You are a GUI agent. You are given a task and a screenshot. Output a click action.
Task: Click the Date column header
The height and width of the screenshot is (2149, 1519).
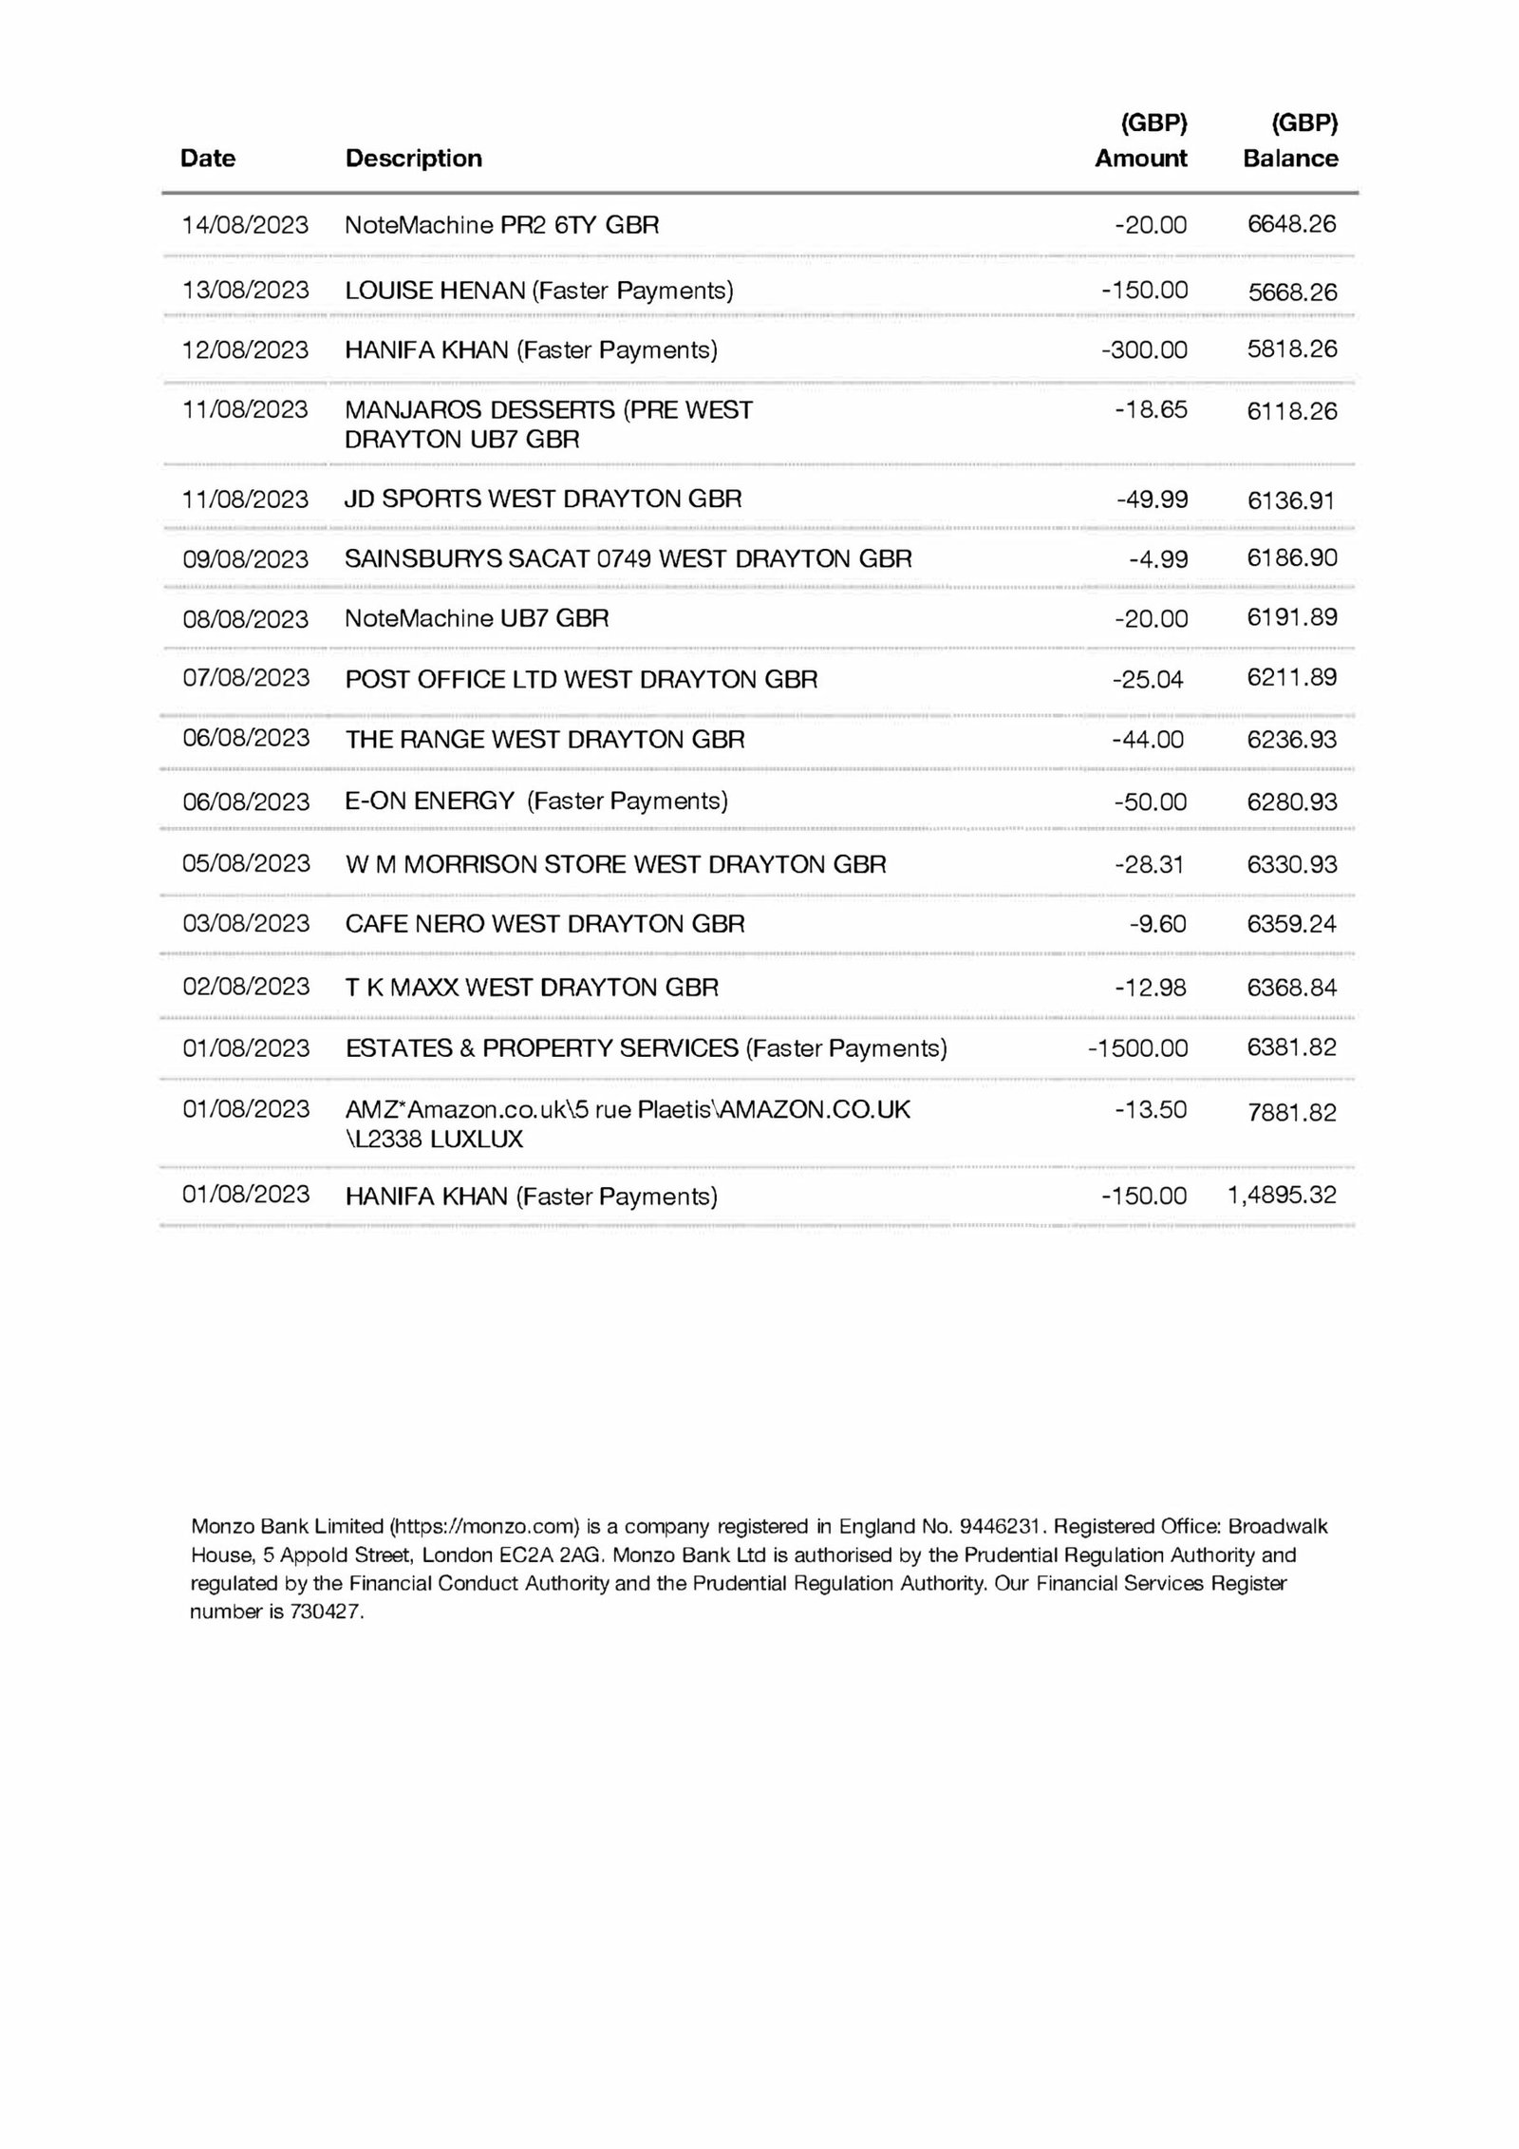[208, 158]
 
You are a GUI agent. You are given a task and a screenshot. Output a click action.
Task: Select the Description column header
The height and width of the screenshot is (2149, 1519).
[413, 158]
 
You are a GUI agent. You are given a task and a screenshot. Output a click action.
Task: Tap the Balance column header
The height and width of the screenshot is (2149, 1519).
[1290, 158]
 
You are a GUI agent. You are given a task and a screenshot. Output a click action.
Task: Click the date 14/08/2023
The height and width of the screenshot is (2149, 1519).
[245, 225]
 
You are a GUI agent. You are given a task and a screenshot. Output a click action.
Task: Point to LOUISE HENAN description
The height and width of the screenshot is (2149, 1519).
[538, 291]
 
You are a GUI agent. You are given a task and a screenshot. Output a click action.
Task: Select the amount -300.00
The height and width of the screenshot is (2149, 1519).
[1144, 350]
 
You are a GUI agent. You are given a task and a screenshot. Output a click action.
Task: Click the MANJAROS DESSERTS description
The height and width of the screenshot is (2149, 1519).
[548, 424]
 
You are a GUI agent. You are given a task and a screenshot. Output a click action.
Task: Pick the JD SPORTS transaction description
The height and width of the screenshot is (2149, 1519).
[543, 499]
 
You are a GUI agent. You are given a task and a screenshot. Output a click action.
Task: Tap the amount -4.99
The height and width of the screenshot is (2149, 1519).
[1158, 559]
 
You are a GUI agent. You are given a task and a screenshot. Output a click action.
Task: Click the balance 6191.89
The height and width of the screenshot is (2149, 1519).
[1292, 618]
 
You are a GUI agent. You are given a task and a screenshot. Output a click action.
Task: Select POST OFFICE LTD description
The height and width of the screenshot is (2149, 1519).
[581, 680]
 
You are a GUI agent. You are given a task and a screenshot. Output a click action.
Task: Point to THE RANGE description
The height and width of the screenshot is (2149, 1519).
[545, 740]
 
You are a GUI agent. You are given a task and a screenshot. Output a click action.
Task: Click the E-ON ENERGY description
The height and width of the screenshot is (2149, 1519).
[536, 801]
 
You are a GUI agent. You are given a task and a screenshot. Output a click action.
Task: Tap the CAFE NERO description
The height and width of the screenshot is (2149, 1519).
[545, 924]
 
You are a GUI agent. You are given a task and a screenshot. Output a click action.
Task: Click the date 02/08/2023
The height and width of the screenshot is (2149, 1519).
[246, 987]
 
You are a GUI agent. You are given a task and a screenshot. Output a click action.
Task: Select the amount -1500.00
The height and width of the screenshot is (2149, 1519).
[1137, 1048]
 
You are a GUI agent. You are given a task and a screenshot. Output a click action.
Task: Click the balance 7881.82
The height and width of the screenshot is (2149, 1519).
[1292, 1112]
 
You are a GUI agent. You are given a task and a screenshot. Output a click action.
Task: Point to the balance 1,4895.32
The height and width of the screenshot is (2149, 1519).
[1282, 1196]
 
